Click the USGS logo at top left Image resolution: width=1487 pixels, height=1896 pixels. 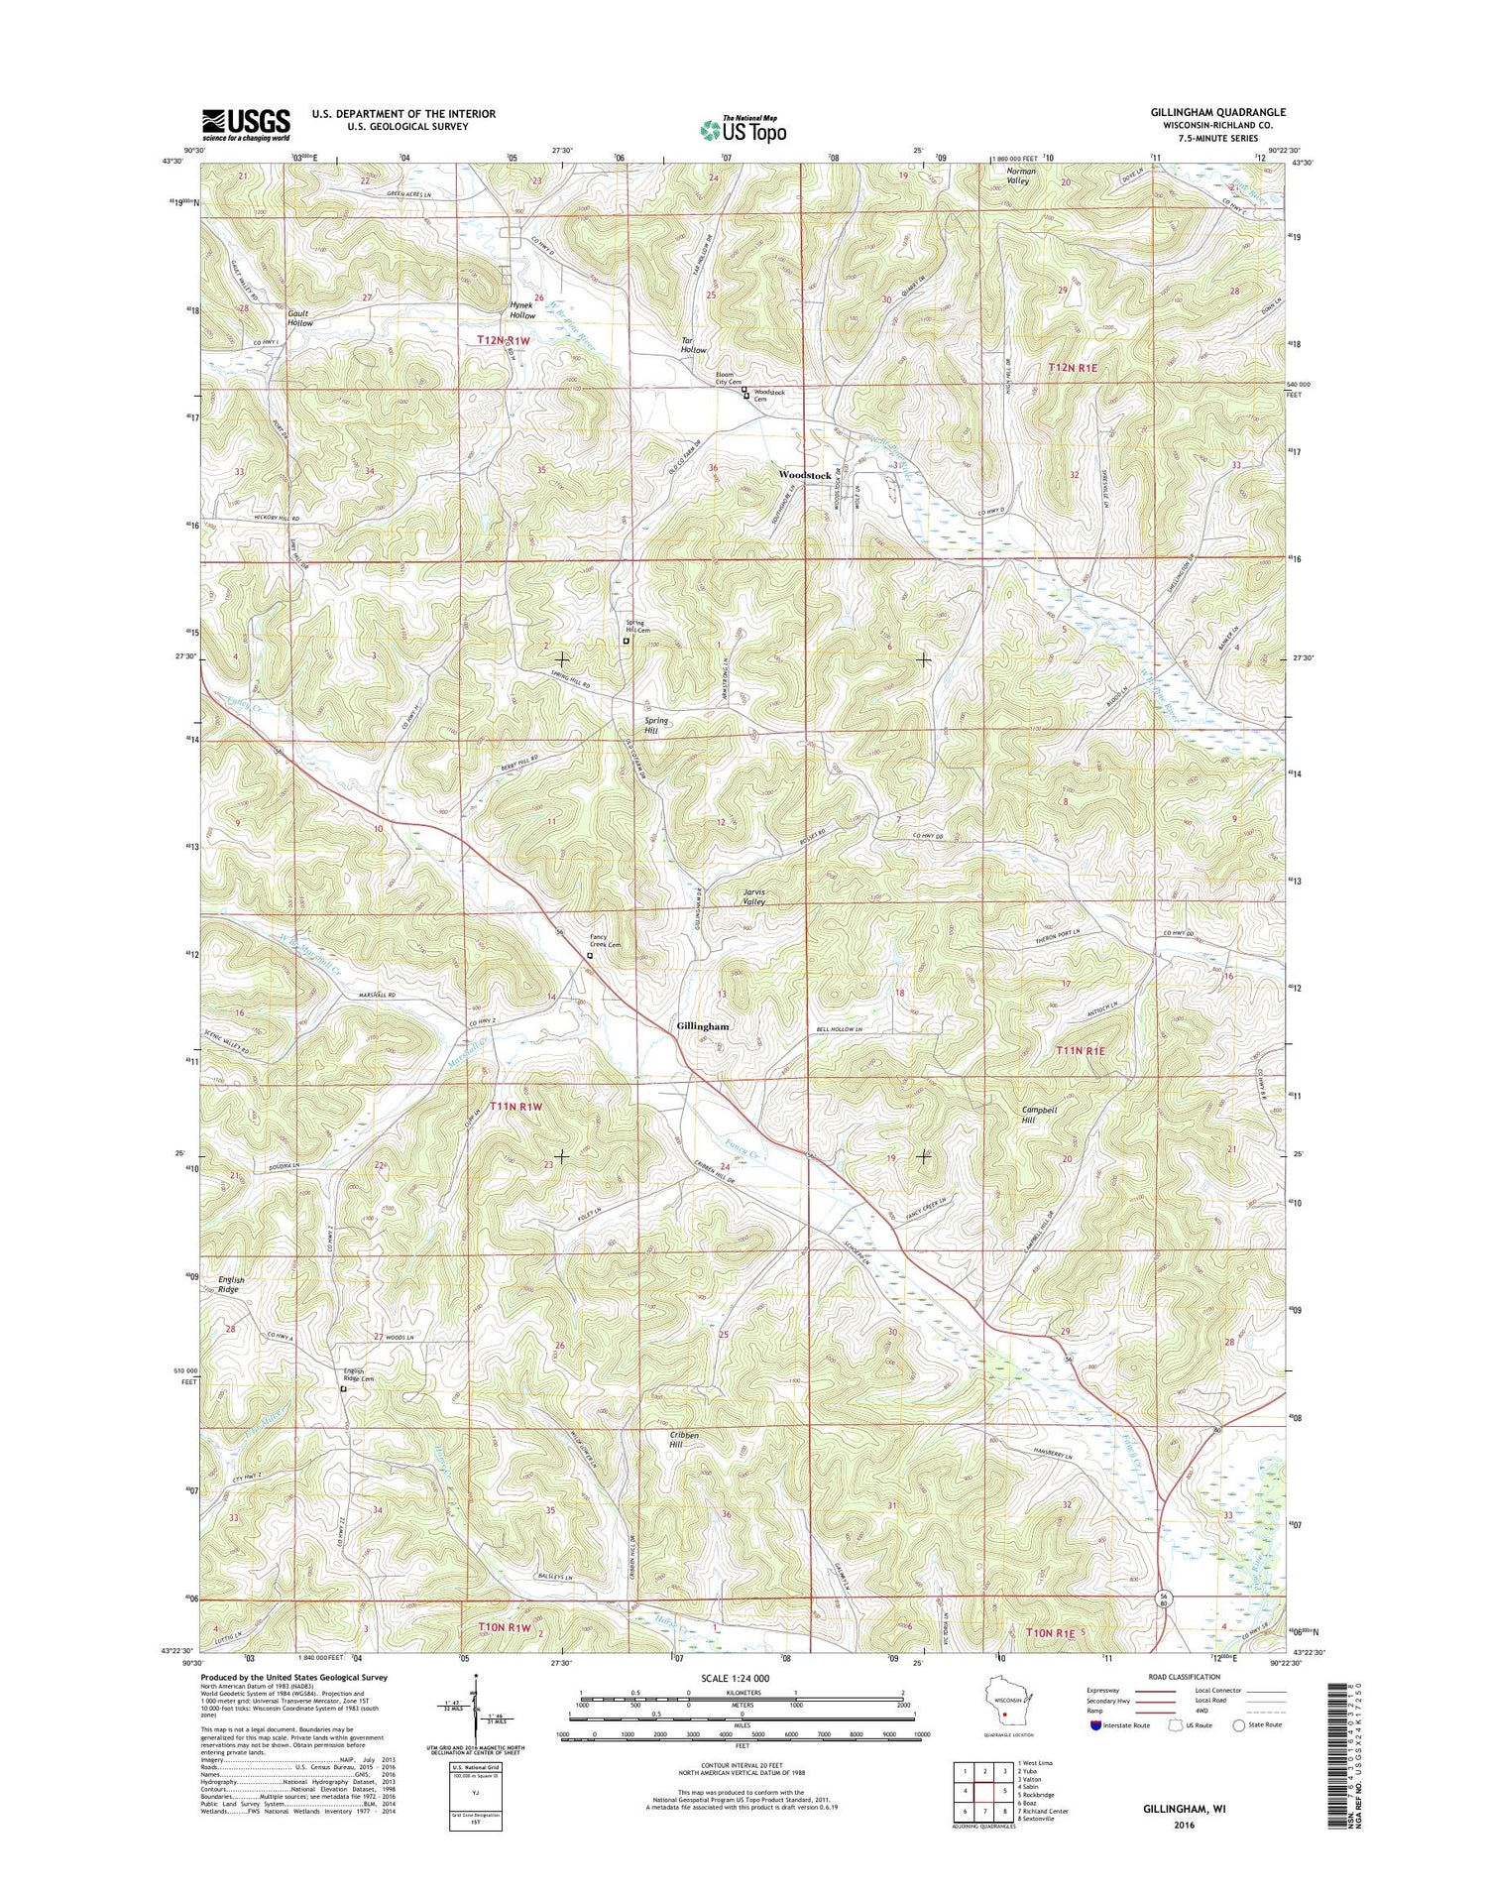coord(246,123)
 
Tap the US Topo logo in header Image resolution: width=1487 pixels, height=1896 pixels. coord(743,129)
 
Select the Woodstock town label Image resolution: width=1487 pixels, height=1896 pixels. coord(805,476)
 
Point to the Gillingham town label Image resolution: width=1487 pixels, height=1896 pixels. coord(703,1026)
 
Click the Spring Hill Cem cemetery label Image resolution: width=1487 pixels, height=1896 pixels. coord(637,627)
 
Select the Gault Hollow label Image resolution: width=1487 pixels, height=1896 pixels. coord(300,317)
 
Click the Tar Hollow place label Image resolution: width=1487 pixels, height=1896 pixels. coord(693,345)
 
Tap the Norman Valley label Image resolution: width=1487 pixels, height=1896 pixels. coord(1017,176)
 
